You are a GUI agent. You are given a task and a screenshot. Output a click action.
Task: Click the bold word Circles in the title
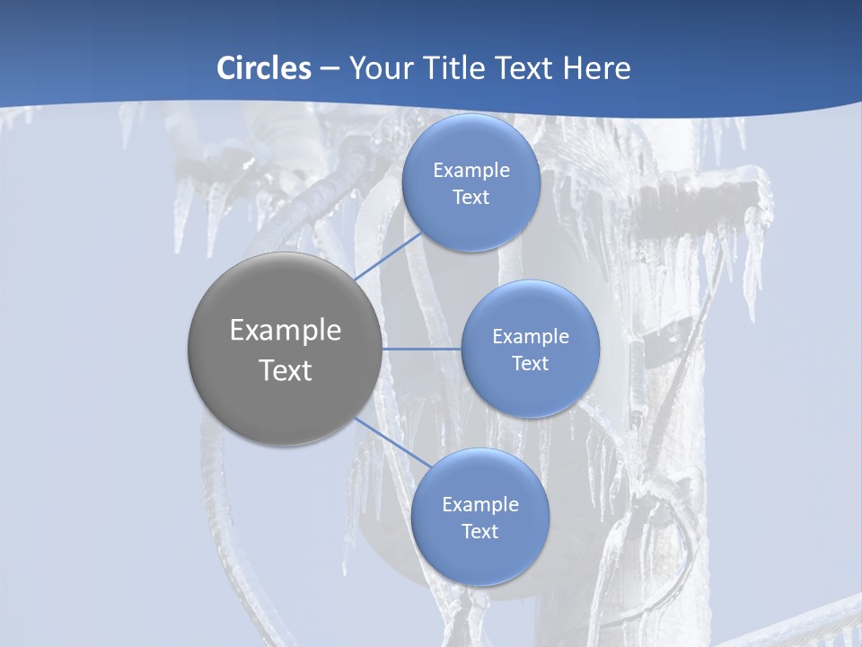264,67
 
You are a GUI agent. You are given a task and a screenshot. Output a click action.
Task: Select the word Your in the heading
381,67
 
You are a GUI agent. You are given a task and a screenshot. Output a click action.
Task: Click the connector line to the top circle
388,255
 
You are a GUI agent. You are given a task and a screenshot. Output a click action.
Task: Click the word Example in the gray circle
286,331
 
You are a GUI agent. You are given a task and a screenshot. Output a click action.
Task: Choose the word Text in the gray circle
286,370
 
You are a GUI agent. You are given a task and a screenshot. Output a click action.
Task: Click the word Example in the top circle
471,171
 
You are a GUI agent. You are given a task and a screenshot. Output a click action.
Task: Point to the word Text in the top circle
471,198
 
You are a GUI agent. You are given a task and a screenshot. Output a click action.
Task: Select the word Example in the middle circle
530,337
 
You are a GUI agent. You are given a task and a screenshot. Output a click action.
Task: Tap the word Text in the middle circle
530,364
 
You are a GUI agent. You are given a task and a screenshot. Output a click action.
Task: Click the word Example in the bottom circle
479,505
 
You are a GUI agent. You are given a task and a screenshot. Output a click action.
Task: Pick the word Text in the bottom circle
479,532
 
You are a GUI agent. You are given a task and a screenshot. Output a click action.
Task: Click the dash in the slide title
330,69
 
